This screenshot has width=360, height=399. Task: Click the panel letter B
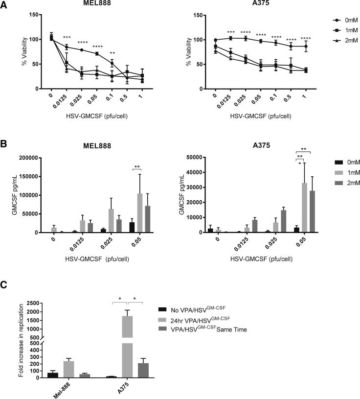[4, 145]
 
